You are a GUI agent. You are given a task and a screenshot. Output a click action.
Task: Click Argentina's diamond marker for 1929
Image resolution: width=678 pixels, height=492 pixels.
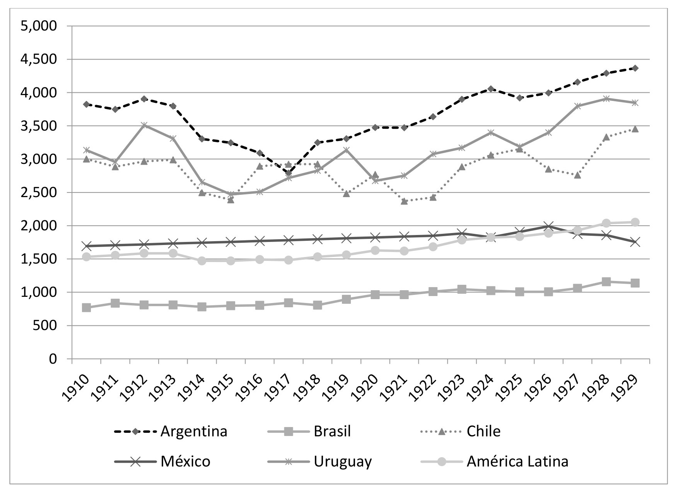click(x=635, y=68)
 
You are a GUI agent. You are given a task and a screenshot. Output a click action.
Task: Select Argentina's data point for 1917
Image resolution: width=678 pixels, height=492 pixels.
click(x=289, y=173)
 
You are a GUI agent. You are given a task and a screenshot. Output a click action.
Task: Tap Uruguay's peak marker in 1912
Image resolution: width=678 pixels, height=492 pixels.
click(x=144, y=125)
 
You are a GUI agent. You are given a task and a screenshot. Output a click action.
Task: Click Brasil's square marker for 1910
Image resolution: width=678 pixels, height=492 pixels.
click(x=86, y=308)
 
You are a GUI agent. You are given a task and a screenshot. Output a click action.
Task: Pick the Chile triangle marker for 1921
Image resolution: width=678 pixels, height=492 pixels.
click(x=404, y=201)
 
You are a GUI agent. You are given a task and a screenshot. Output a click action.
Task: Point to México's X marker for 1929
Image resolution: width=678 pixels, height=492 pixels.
click(x=635, y=242)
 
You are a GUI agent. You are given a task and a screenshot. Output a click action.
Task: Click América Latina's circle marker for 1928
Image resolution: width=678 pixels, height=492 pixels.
click(x=606, y=223)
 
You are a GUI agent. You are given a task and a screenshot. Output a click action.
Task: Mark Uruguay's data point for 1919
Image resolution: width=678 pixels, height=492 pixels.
click(x=346, y=150)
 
